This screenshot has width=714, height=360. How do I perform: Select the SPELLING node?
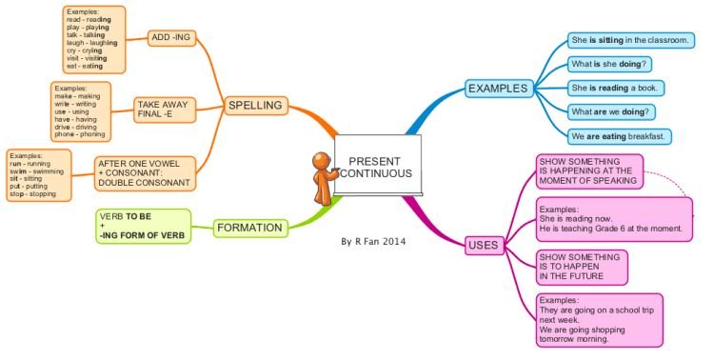(x=254, y=104)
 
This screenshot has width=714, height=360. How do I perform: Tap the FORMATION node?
(x=249, y=228)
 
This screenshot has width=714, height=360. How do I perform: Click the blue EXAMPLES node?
(x=497, y=89)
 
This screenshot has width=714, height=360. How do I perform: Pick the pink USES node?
(x=483, y=246)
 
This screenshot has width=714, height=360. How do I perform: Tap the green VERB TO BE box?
(x=143, y=226)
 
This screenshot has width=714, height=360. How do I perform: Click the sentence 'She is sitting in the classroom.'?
(x=630, y=41)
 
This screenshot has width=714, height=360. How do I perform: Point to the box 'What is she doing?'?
(x=609, y=65)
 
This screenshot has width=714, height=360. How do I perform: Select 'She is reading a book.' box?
(x=615, y=88)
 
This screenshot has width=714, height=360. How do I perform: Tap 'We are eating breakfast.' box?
(x=620, y=135)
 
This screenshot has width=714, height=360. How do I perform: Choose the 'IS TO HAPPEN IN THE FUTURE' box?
(x=582, y=268)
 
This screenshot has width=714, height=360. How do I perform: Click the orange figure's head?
(x=322, y=159)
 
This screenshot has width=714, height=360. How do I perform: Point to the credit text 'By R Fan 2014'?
(x=373, y=242)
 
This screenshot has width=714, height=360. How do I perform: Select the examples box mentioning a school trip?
(x=600, y=320)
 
